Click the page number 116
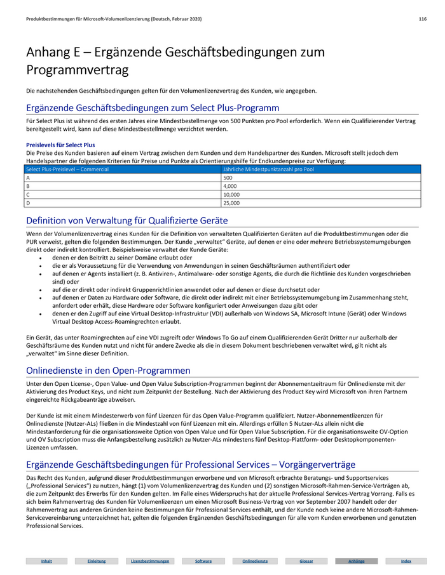click(422, 20)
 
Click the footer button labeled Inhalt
click(46, 561)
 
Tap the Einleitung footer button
click(97, 561)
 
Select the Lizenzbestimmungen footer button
click(150, 561)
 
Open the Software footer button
click(203, 561)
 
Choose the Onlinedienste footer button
click(254, 561)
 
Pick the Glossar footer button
click(306, 561)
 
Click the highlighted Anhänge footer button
click(356, 561)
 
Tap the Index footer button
click(406, 561)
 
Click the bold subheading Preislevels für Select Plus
click(60, 145)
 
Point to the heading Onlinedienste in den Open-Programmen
click(108, 370)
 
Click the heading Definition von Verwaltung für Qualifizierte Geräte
click(127, 221)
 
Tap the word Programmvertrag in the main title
click(78, 69)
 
